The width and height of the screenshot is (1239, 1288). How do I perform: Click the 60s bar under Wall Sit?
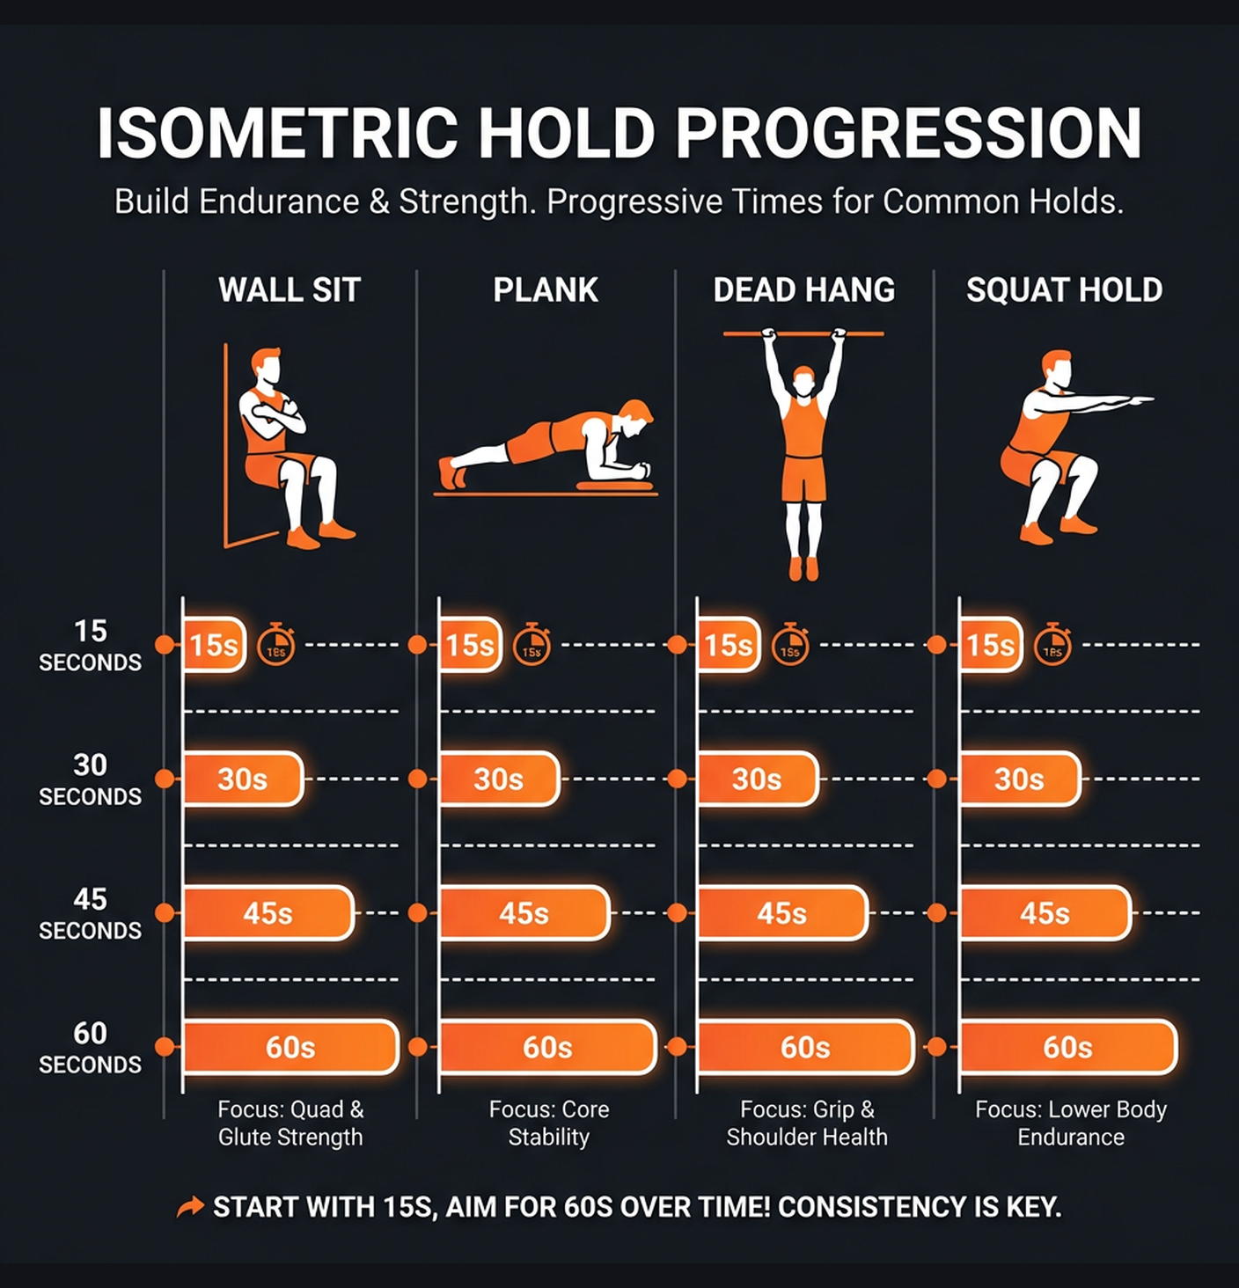290,1047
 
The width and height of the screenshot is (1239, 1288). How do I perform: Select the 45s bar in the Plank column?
524,913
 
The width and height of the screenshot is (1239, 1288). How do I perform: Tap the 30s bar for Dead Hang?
757,779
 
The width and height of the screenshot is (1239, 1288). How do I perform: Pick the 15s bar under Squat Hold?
991,645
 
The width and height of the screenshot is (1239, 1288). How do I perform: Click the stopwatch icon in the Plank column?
532,645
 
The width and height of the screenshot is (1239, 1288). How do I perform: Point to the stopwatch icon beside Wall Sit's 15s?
275,645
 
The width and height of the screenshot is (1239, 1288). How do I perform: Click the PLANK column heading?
546,289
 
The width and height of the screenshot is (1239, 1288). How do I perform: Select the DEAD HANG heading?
803,289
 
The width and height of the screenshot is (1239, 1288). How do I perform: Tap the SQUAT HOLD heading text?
1064,289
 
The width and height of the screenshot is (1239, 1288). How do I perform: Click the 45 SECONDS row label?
90,913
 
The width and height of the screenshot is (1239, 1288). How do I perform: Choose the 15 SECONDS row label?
90,645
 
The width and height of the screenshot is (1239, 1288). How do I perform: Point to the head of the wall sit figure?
266,364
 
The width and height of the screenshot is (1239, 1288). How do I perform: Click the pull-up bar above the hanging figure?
803,334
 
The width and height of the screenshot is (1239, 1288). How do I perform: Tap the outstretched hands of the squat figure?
1140,401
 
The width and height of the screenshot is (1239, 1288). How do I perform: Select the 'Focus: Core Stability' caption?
549,1123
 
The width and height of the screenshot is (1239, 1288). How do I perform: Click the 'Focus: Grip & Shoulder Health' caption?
807,1123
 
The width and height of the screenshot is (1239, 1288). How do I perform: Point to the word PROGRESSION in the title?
908,134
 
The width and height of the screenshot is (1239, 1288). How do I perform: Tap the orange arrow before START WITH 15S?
190,1207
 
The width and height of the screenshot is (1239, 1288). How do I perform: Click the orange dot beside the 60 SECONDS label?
165,1047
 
